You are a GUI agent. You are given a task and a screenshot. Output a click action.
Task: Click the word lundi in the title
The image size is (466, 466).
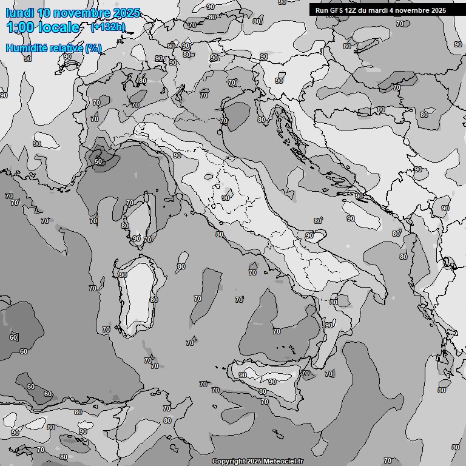click(x=19, y=13)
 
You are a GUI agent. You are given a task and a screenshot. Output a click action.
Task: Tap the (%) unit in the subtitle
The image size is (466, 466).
click(x=93, y=48)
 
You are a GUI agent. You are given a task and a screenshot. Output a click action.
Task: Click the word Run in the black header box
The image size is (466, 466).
click(x=322, y=10)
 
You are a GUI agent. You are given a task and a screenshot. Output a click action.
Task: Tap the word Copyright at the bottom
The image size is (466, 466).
click(x=228, y=462)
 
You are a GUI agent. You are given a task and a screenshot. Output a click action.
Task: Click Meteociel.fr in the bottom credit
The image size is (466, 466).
click(x=285, y=462)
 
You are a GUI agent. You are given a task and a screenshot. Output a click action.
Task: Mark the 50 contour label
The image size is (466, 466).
click(x=98, y=161)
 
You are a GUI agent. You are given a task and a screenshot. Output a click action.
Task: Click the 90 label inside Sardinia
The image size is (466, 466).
click(x=123, y=275)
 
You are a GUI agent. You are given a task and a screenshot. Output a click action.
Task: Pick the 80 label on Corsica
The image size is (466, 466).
click(x=124, y=226)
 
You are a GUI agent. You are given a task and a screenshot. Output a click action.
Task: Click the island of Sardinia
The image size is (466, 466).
click(x=141, y=297)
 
